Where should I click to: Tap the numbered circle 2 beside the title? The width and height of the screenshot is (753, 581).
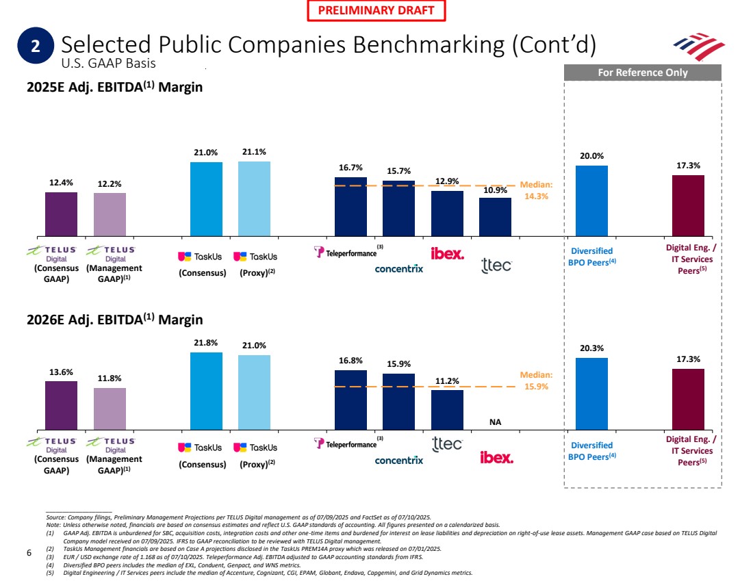coord(36,46)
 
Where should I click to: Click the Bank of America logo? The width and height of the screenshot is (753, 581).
coord(698,46)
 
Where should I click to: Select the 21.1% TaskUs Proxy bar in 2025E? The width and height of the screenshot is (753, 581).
coord(254,199)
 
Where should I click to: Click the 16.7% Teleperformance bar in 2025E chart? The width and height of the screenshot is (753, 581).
coord(350,207)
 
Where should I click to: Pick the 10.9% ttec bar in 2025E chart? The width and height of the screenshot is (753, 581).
coord(495,217)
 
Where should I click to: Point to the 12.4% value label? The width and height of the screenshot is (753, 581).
coord(61,183)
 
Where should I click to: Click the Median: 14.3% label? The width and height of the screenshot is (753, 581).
coord(536,190)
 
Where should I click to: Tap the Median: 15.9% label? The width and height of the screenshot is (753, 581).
coord(536,380)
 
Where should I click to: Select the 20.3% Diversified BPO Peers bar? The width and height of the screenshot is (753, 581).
coord(591,393)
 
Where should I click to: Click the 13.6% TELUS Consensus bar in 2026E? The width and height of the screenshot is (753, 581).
coord(61,405)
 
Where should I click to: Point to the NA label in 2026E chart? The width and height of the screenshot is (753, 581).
coord(495,422)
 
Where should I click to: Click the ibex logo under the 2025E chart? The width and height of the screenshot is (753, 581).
coord(447,254)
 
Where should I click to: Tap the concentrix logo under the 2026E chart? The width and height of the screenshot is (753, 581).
coord(399,461)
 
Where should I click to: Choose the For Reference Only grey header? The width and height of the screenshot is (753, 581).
coord(643,72)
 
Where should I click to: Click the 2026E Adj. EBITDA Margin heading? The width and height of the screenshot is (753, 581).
coord(114,320)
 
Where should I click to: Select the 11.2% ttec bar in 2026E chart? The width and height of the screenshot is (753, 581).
coord(447,409)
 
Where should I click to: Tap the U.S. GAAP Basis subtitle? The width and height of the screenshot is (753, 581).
coord(109,64)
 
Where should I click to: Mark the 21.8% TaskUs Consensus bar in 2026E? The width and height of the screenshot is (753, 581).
coord(206,391)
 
